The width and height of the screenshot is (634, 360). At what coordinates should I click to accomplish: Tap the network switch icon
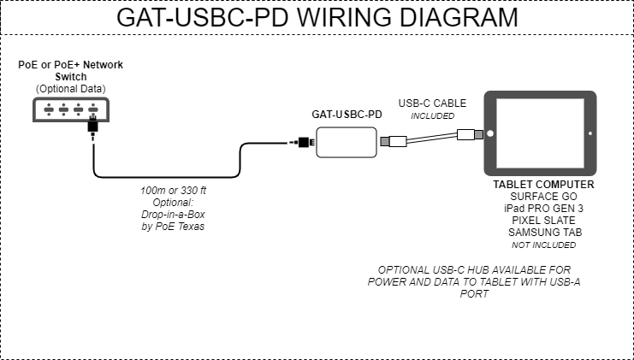click(x=69, y=109)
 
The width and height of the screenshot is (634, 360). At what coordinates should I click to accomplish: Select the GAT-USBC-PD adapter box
click(x=346, y=142)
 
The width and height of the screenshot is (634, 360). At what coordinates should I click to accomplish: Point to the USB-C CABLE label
click(x=432, y=103)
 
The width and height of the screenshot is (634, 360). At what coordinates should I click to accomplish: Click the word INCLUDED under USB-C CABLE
click(x=432, y=116)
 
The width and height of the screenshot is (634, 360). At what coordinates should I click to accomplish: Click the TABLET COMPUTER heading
click(x=543, y=185)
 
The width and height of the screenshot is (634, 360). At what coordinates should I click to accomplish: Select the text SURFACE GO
click(x=543, y=197)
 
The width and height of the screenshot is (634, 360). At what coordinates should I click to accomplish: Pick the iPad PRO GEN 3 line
click(x=543, y=209)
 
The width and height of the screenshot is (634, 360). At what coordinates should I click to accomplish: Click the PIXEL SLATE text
click(x=543, y=221)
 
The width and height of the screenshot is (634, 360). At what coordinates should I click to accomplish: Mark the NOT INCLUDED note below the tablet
click(x=543, y=245)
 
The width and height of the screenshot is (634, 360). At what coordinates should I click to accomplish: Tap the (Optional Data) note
click(x=71, y=89)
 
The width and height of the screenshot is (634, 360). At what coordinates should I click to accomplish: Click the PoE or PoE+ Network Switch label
click(x=71, y=71)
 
